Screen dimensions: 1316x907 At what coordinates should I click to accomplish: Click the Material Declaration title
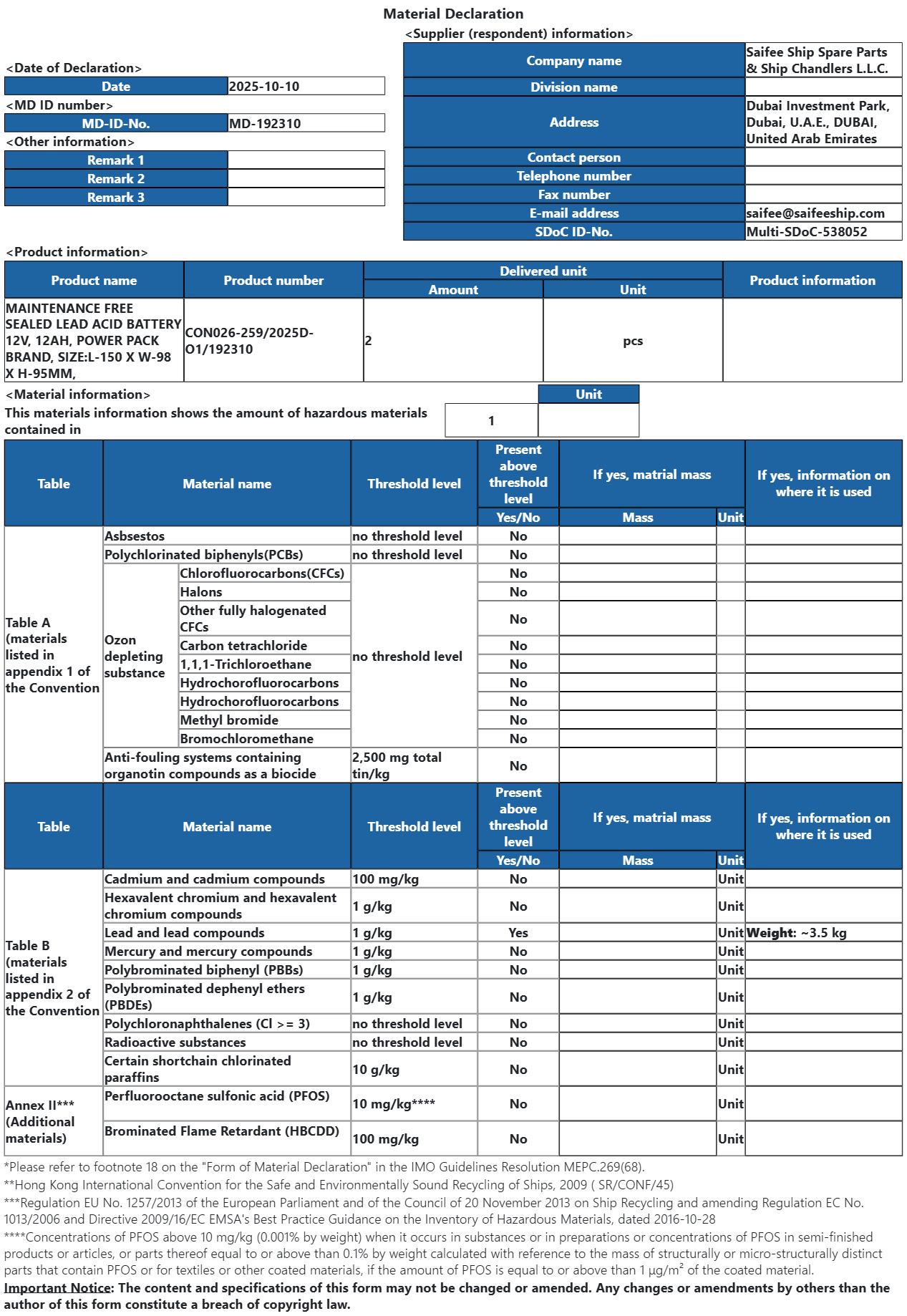point(453,14)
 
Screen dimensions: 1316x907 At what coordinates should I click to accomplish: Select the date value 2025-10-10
point(264,87)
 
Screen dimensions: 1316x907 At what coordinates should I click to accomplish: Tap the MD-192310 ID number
point(265,123)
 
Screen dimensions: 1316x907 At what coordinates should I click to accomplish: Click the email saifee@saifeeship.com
point(815,213)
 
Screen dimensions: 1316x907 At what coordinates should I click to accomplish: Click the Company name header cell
point(573,61)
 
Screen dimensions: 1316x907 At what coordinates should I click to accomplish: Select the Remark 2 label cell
point(116,179)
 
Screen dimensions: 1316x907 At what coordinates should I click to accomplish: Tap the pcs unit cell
point(632,341)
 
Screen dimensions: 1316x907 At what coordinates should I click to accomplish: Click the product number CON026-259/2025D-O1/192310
point(249,341)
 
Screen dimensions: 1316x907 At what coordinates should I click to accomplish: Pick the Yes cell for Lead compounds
point(518,933)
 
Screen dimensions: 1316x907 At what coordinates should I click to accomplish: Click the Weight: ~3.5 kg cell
point(796,933)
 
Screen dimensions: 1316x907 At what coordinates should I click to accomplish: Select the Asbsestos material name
point(135,536)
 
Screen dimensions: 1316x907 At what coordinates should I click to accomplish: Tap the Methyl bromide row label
point(229,720)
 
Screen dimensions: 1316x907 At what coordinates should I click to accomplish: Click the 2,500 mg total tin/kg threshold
point(397,765)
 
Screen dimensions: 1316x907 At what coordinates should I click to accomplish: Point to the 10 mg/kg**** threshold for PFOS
point(394,1104)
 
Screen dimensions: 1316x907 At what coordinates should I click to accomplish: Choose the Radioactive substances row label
point(175,1042)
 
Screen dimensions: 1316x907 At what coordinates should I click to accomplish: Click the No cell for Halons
point(518,592)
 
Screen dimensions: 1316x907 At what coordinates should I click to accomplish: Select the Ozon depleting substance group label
point(135,657)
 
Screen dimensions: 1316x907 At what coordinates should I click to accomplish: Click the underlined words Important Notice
point(57,1288)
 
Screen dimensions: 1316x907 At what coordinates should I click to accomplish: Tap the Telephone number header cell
point(573,176)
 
